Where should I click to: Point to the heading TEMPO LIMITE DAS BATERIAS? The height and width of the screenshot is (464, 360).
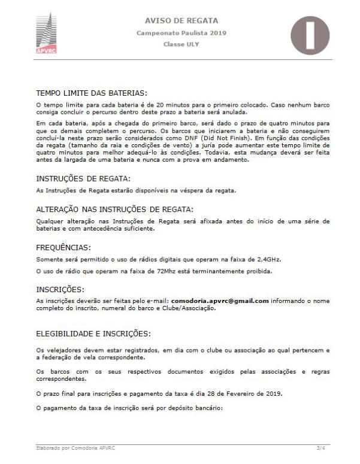[92, 93]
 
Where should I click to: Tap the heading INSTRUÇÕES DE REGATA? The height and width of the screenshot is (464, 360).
[83, 178]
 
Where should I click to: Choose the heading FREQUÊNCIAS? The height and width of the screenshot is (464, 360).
[64, 246]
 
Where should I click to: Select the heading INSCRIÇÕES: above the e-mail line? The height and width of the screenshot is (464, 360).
[60, 289]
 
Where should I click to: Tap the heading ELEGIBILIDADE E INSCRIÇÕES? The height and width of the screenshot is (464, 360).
[94, 333]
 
